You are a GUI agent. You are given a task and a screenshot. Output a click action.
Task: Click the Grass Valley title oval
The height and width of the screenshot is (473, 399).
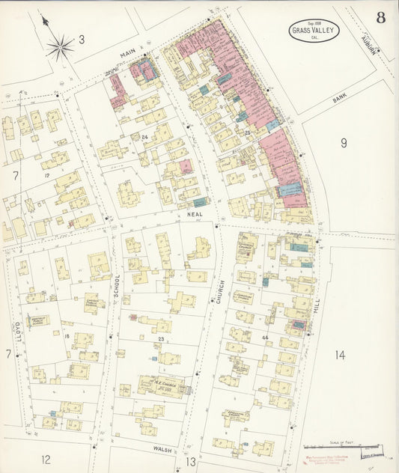coord(315,31)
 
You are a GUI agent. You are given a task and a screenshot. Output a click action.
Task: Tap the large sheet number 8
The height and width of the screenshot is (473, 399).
coord(381,18)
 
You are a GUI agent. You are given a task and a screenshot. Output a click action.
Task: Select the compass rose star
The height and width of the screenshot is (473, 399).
coord(60,48)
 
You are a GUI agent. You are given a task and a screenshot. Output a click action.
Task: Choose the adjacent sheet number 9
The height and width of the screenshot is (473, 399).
coord(344,142)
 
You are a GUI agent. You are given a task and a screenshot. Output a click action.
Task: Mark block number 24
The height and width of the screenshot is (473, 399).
coord(144,137)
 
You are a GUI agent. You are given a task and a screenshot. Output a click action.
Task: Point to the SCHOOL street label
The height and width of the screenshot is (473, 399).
coord(117,287)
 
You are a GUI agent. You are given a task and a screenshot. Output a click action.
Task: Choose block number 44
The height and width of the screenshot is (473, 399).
coord(265,338)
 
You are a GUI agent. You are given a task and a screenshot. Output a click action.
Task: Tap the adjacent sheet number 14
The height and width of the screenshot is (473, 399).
coord(340,355)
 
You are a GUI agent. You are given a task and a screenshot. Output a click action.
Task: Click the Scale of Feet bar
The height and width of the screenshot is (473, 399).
coord(368,447)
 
